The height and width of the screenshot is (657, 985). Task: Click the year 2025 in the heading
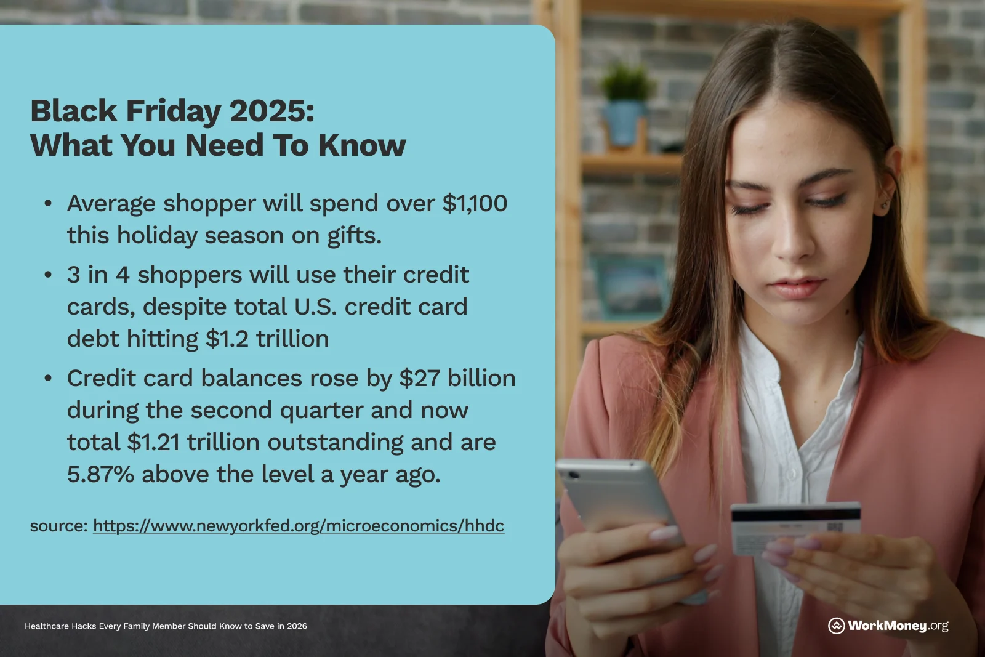click(271, 111)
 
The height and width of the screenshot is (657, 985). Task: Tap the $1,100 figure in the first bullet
click(475, 204)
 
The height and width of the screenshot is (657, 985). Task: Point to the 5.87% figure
click(100, 474)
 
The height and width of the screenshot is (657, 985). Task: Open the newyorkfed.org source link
click(299, 526)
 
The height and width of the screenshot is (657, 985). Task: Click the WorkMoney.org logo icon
click(836, 626)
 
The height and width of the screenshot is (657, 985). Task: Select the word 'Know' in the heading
click(362, 145)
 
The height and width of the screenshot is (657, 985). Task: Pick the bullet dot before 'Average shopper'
click(48, 204)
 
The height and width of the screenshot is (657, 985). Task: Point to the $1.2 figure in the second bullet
click(227, 339)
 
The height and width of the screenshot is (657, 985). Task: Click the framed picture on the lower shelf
click(629, 286)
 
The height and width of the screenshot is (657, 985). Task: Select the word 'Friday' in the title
click(173, 111)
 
